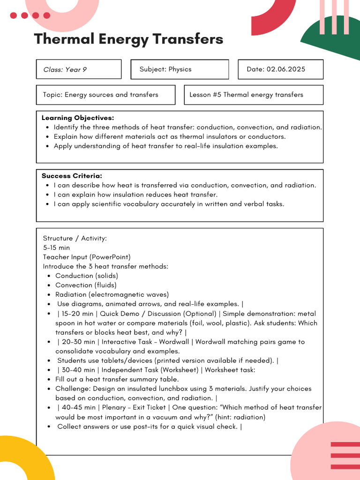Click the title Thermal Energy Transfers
[128, 39]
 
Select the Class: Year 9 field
[78, 69]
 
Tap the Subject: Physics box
[180, 69]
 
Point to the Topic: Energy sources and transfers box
[105, 95]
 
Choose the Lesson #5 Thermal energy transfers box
[253, 95]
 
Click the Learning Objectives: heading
[78, 118]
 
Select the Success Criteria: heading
[72, 176]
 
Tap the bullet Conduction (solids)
[87, 276]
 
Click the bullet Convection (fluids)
[86, 285]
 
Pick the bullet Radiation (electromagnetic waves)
[112, 294]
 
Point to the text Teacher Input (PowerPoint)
[87, 257]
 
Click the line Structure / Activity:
[75, 238]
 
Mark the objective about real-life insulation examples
[165, 146]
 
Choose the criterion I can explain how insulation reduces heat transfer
[135, 195]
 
